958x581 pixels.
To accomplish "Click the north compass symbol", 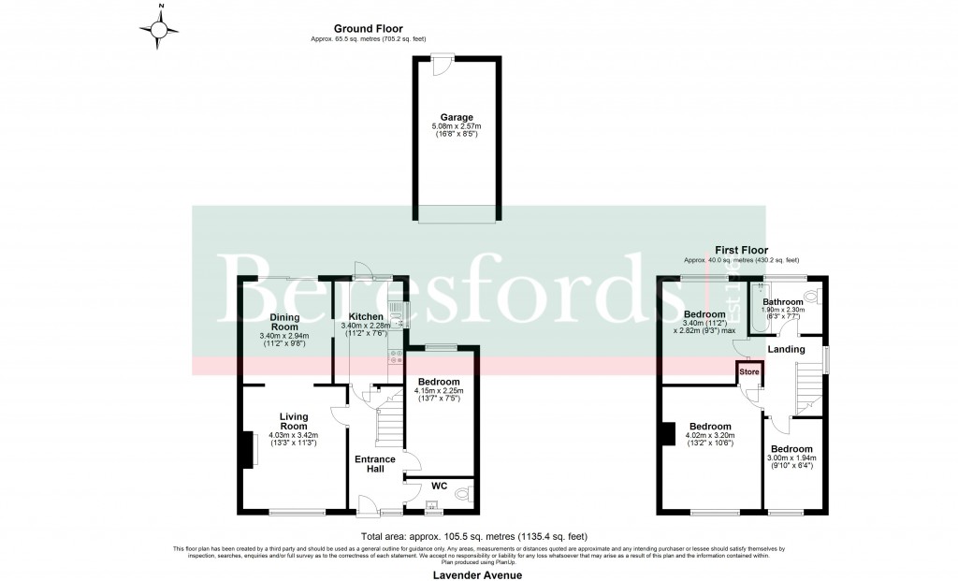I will [x=160, y=31].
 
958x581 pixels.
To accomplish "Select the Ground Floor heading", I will [x=370, y=29].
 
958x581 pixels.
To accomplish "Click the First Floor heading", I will [x=741, y=251].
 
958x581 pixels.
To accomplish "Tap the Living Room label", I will [x=293, y=420].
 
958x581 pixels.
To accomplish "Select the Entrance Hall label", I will [x=375, y=465].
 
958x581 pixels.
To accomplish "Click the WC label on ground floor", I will [x=440, y=486].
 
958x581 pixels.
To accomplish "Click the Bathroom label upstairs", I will [x=782, y=302].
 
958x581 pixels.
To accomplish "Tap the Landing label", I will [x=786, y=349].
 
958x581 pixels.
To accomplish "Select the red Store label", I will [x=749, y=372].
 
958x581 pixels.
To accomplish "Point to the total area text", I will [x=478, y=537].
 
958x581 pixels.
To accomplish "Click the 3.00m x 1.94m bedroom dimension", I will [x=791, y=458].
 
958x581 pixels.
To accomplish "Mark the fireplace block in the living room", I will [x=251, y=449].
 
